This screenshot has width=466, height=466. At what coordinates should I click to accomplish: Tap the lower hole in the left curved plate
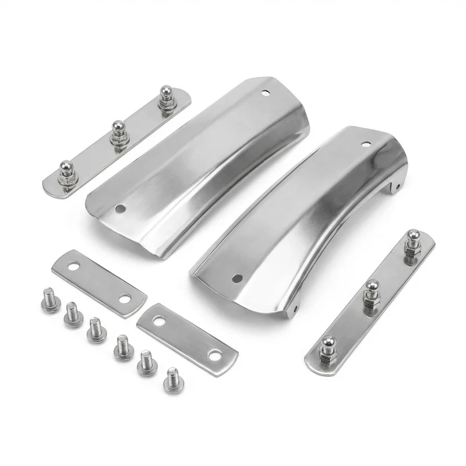click(x=120, y=208)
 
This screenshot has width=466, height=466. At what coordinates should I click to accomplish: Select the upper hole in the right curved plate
click(x=366, y=144)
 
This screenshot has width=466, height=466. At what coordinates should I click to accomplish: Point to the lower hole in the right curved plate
click(x=236, y=278)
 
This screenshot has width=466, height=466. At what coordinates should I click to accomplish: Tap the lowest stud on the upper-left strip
click(x=66, y=170)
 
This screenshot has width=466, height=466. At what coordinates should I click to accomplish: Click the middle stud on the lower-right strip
click(x=371, y=290)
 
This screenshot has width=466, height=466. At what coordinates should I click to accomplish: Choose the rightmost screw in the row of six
click(x=172, y=379)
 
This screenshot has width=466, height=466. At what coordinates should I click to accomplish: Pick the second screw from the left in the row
click(x=73, y=314)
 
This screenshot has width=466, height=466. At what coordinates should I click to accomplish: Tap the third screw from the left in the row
click(x=96, y=329)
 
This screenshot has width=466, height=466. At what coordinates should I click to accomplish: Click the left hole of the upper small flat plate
click(x=74, y=266)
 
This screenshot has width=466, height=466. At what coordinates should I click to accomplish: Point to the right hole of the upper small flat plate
click(x=125, y=299)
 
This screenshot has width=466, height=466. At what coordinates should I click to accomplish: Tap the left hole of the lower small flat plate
click(x=158, y=320)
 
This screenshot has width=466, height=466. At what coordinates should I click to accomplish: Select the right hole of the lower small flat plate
click(x=216, y=354)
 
